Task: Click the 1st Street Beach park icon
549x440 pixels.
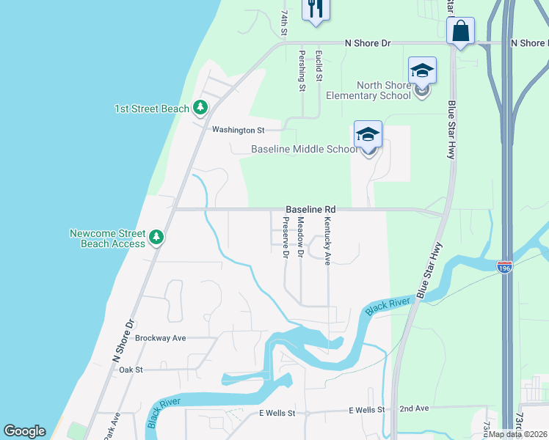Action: click(200, 109)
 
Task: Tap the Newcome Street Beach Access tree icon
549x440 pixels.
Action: click(156, 238)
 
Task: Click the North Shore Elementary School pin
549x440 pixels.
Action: click(422, 72)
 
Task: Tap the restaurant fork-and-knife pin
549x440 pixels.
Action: click(316, 10)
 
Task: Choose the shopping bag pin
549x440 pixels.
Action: click(460, 32)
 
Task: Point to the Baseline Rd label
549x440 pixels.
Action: click(310, 209)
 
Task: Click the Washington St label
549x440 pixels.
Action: click(238, 130)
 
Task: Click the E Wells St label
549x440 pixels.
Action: click(277, 413)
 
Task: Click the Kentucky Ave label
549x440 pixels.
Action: click(327, 241)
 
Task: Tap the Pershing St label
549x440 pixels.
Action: click(302, 70)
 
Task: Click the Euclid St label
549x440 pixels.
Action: click(319, 66)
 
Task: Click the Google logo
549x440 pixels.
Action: click(24, 431)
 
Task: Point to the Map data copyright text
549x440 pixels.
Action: click(518, 434)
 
